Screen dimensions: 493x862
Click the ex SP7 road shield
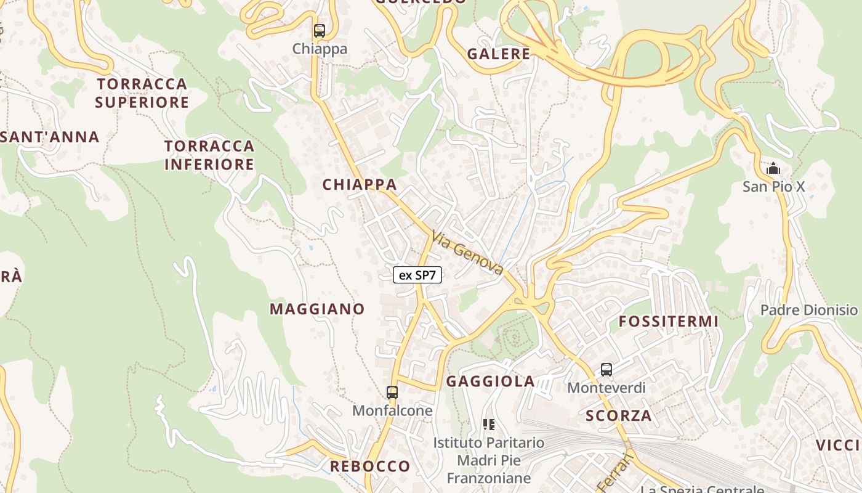coord(417,275)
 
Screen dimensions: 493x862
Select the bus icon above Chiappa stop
coord(319,30)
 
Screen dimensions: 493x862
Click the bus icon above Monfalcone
coord(392,392)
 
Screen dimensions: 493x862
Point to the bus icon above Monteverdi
coord(606,370)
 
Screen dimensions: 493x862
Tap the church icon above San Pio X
coord(773,168)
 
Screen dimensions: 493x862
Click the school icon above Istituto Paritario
coord(489,424)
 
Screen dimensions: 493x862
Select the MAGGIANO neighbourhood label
coord(317,309)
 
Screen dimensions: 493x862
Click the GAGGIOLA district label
coord(491,381)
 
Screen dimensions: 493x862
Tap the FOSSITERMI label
coord(669,321)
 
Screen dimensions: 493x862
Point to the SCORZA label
coord(619,415)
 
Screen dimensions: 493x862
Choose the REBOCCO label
coord(370,466)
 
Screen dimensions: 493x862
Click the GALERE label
coord(499,54)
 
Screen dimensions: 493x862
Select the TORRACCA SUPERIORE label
coord(142,92)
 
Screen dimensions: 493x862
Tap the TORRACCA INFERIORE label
coord(209,155)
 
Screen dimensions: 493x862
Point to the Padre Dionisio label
coord(809,309)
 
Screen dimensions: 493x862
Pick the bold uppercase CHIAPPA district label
coord(360,184)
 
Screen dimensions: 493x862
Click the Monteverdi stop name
coord(606,388)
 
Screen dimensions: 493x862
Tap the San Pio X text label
coord(773,186)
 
